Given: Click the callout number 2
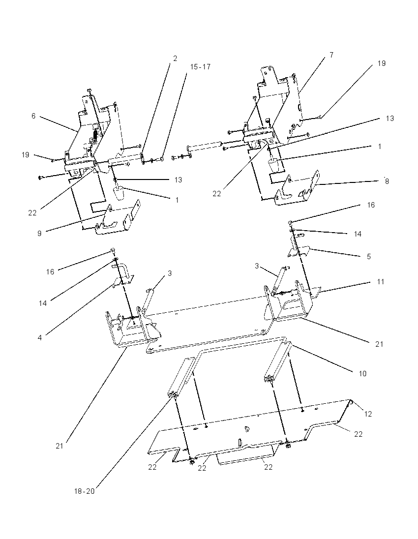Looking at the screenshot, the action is click(175, 59).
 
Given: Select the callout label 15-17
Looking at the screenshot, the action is click(200, 67).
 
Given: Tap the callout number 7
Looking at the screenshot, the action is click(331, 55).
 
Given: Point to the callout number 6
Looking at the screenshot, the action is click(33, 116).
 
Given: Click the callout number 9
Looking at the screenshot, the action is click(39, 234).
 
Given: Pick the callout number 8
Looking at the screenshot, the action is click(387, 181).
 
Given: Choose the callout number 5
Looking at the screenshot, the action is click(369, 256).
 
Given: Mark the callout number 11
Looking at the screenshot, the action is click(380, 281).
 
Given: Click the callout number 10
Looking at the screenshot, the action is click(362, 373).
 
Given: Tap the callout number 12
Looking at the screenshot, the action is click(368, 414).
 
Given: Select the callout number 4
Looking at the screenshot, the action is click(40, 337).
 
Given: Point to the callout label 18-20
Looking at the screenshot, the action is click(84, 491).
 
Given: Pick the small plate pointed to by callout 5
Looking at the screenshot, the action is click(299, 249).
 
